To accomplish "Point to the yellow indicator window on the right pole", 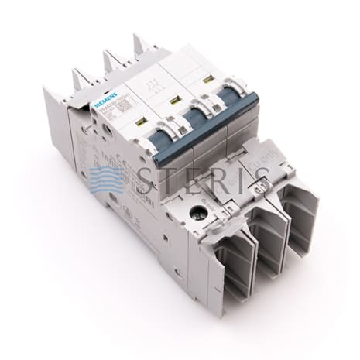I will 208,79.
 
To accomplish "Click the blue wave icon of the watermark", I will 106,180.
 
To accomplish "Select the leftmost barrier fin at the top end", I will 80,77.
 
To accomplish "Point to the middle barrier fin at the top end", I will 111,58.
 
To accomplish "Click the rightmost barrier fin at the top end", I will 141,42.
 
